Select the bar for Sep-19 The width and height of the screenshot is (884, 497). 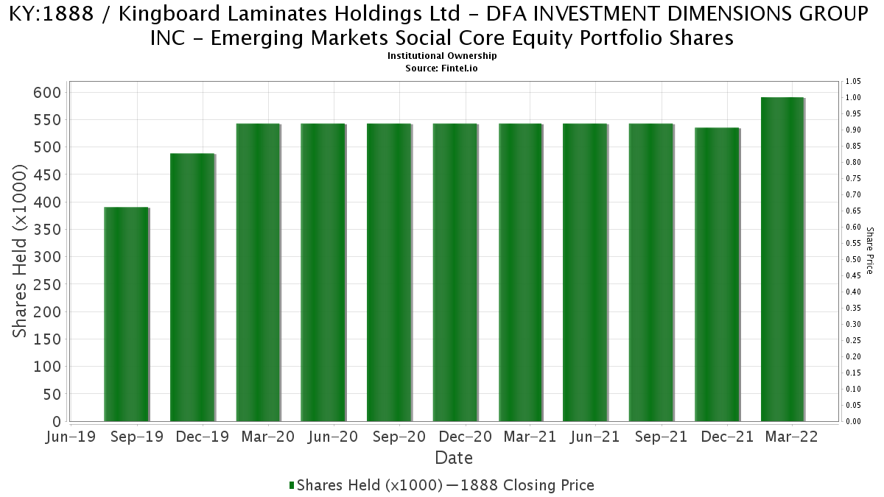(126, 315)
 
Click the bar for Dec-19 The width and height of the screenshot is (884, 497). (192, 288)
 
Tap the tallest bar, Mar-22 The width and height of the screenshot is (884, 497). (782, 259)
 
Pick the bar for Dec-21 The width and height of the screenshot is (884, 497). (717, 275)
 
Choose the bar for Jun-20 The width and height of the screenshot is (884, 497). (323, 272)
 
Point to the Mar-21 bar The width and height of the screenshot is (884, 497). (520, 272)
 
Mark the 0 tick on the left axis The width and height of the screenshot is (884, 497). (56, 422)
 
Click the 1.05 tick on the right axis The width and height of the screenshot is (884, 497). (853, 81)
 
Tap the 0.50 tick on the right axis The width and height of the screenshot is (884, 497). (853, 259)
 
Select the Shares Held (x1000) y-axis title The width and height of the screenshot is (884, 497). (21, 251)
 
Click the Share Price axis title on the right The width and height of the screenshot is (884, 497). (870, 250)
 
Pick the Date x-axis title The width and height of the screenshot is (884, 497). (454, 458)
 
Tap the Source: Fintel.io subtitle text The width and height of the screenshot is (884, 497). (442, 68)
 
